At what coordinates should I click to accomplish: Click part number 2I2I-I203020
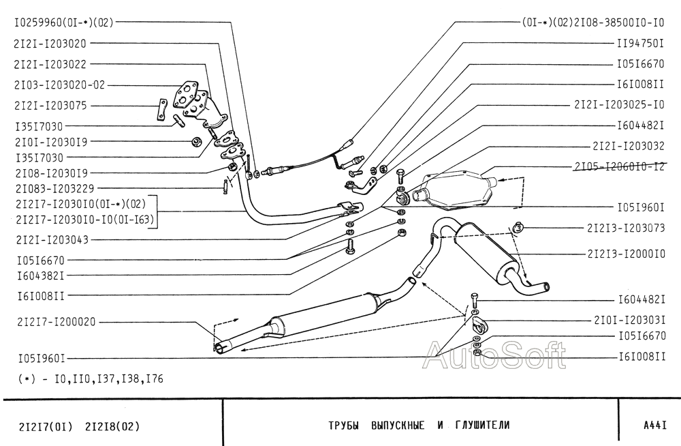pyautogui.click(x=50, y=44)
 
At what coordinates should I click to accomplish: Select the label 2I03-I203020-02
pyautogui.click(x=60, y=85)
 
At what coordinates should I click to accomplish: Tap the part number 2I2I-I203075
pyautogui.click(x=50, y=106)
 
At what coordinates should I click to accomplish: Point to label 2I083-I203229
pyautogui.click(x=54, y=188)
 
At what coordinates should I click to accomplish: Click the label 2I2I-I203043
pyautogui.click(x=52, y=240)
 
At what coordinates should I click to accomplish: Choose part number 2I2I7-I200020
pyautogui.click(x=57, y=322)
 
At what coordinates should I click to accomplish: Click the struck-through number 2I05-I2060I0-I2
pyautogui.click(x=620, y=166)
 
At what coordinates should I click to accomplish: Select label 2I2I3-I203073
pyautogui.click(x=627, y=228)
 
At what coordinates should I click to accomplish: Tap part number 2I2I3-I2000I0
pyautogui.click(x=627, y=254)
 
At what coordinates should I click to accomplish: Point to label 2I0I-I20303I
pyautogui.click(x=630, y=321)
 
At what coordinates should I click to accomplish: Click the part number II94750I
pyautogui.click(x=641, y=43)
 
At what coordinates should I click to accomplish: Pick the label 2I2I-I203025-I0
pyautogui.click(x=619, y=105)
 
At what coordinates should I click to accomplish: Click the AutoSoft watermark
pyautogui.click(x=495, y=355)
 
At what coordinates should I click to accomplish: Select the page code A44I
pyautogui.click(x=655, y=425)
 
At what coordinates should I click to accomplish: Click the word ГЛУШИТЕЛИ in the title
pyautogui.click(x=482, y=425)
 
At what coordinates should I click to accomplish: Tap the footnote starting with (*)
pyautogui.click(x=91, y=379)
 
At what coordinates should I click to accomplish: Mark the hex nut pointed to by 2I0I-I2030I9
pyautogui.click(x=196, y=141)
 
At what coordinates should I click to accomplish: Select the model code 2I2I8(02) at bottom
pyautogui.click(x=113, y=426)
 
